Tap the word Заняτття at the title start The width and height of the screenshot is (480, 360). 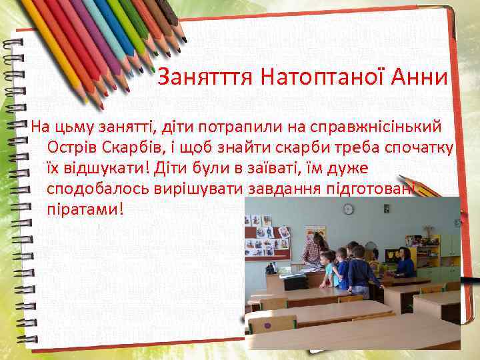tap(205, 79)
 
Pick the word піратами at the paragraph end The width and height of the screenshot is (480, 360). tap(85, 208)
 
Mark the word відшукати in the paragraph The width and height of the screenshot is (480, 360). tap(101, 167)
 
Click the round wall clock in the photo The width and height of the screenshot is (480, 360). tap(348, 209)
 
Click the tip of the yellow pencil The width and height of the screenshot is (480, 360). tap(102, 105)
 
